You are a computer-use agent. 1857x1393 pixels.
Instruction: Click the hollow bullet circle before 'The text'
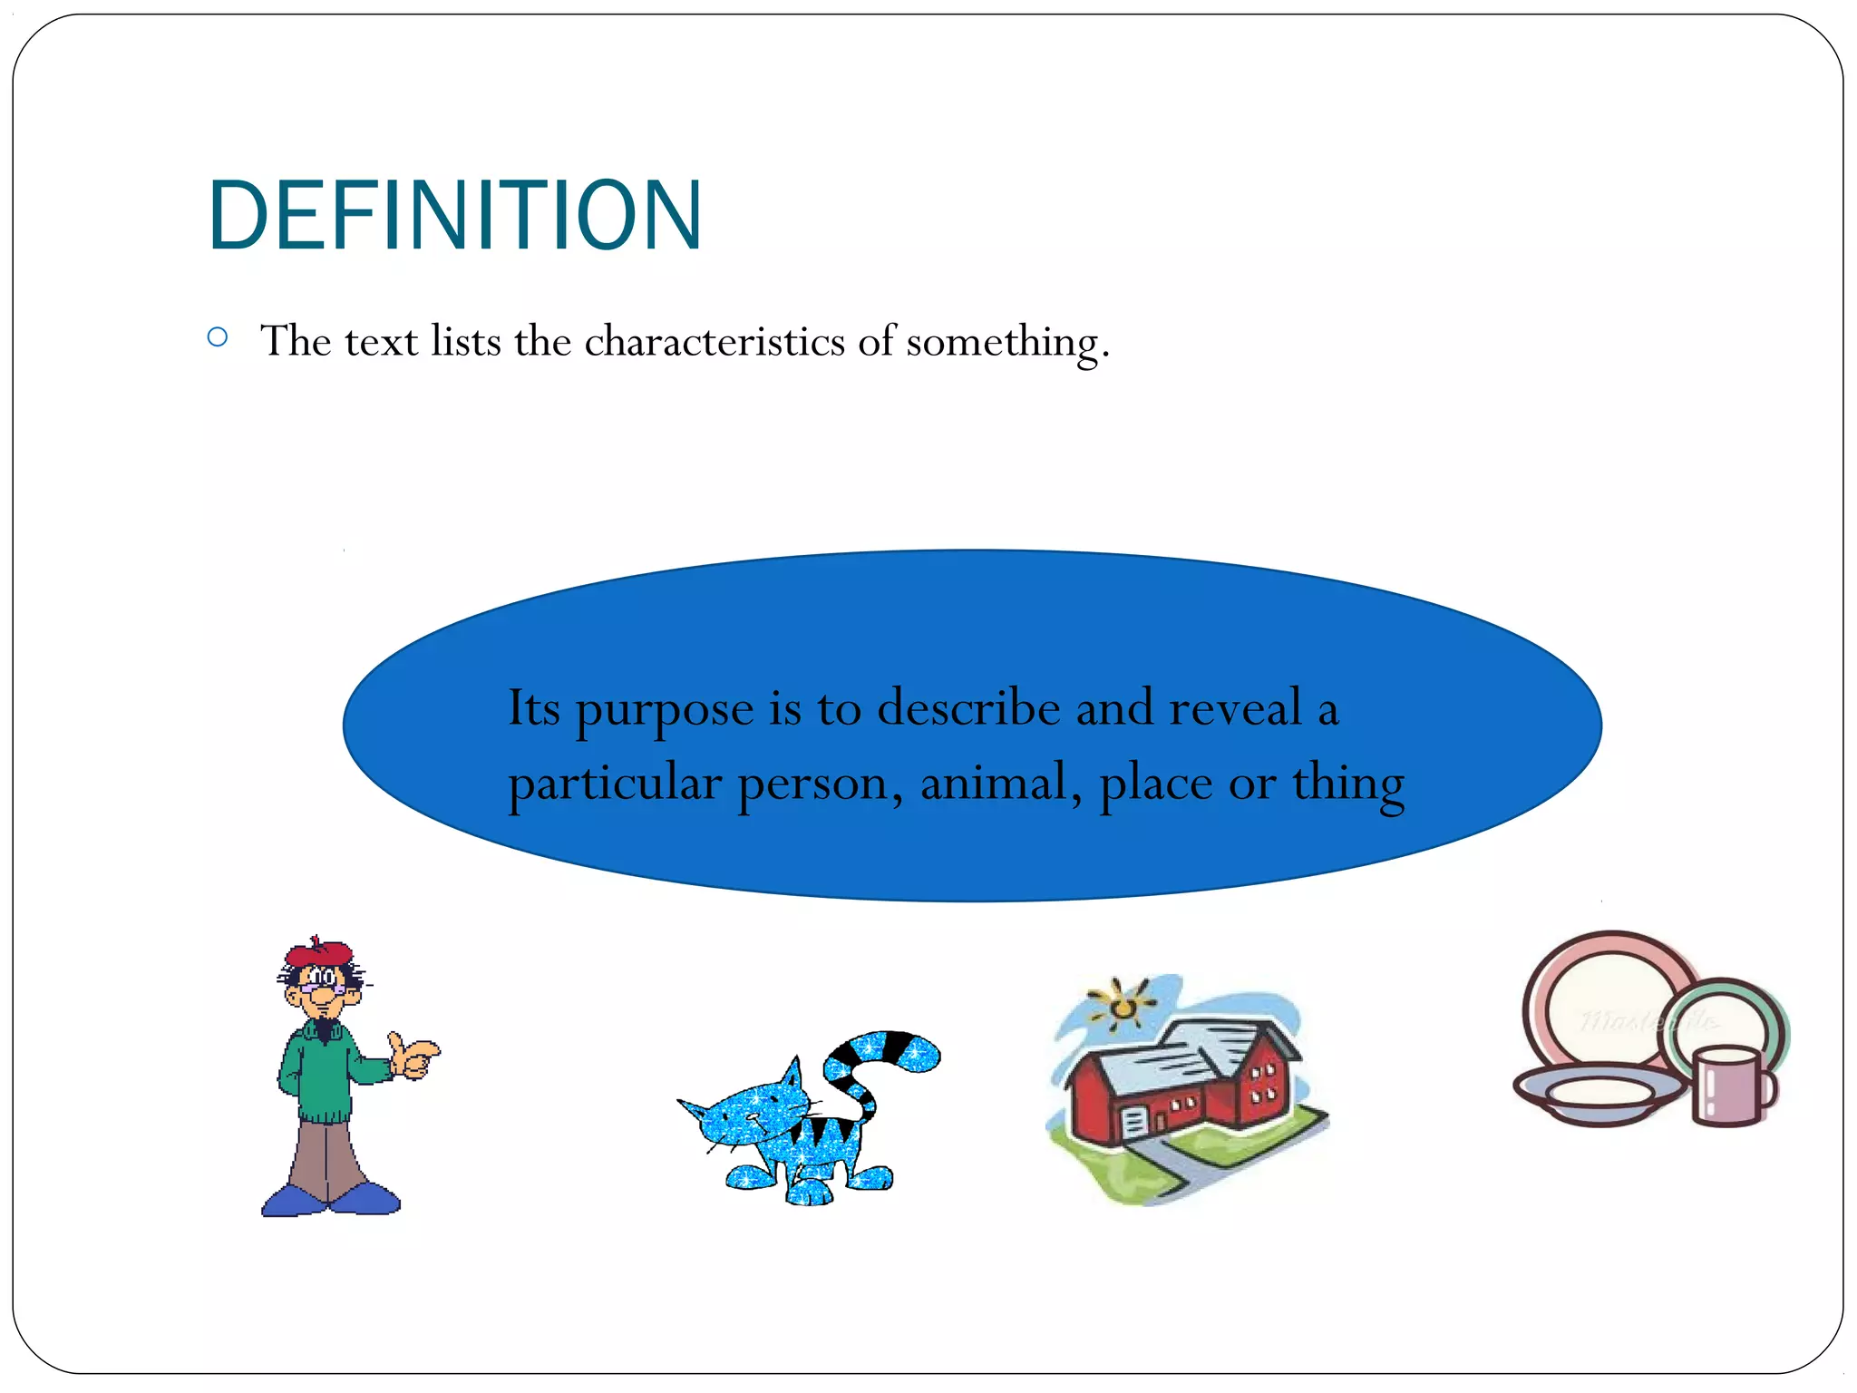tap(218, 337)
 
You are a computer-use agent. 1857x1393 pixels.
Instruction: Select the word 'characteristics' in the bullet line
tap(715, 342)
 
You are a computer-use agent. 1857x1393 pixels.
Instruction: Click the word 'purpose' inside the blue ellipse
tap(665, 710)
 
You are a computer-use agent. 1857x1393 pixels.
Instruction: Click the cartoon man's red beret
tap(318, 953)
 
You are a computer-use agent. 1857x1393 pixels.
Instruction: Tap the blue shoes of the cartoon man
tap(331, 1199)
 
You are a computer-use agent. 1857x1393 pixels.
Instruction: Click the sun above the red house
tap(1123, 1005)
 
